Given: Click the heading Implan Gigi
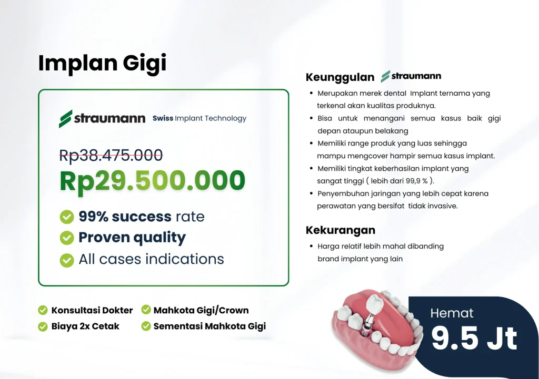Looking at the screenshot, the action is coord(102,64).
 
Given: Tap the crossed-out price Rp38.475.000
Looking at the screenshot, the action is coord(111,155).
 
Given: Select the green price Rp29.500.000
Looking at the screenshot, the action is coord(152,181).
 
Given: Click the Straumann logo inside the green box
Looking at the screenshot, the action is coord(102,119).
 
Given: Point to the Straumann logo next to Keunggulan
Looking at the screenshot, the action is coord(411,76).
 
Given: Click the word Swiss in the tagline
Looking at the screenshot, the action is coord(163,118).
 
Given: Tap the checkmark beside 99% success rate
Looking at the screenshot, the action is coord(67,217).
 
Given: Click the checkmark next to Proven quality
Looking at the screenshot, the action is coord(67,238).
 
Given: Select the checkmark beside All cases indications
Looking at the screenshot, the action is coord(67,260).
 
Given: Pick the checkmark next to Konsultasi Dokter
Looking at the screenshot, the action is coord(43,310).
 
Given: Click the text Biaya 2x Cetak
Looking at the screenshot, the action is coord(85,326).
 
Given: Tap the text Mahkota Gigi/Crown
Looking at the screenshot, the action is coord(201,310).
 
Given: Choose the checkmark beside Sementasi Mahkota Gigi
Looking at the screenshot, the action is coord(146,326).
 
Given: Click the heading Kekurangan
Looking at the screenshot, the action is coord(341,230).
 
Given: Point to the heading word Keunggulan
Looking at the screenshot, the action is coord(340,77).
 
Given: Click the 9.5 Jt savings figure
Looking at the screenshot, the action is coord(474,339).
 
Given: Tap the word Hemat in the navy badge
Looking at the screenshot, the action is coord(452,313).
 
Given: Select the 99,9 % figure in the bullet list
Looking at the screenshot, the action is coord(417,181).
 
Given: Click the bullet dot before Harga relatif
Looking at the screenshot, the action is coord(311,246).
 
